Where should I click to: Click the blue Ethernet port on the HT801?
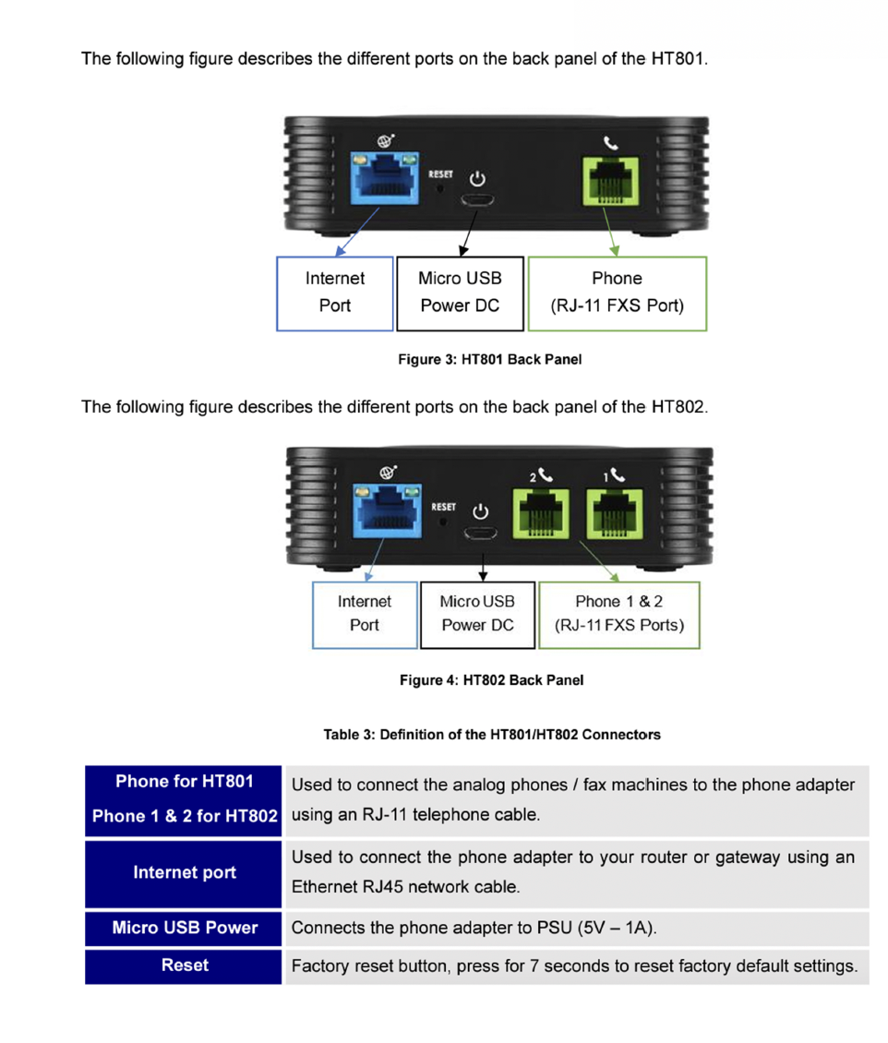pos(382,181)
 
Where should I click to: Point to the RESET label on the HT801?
pos(439,174)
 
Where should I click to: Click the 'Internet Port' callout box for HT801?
pos(334,292)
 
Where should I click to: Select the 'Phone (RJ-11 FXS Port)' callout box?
pos(617,292)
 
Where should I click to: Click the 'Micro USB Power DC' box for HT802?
pos(477,613)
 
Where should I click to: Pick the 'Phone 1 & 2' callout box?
pos(618,613)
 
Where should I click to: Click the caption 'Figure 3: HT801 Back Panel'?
pos(489,359)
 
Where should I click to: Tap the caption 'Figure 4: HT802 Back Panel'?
pos(491,680)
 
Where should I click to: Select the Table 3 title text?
pos(492,735)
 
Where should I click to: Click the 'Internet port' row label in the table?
pos(185,872)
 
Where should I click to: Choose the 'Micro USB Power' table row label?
pos(185,928)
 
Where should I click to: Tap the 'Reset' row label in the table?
pos(185,965)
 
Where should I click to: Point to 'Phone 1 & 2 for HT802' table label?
pos(185,816)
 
